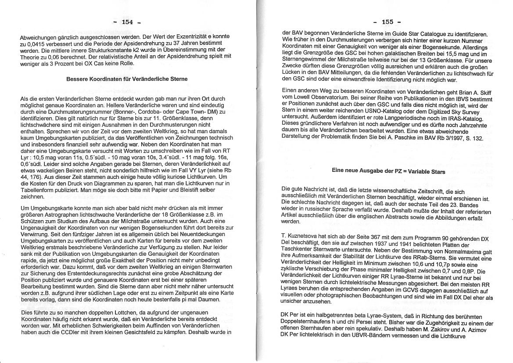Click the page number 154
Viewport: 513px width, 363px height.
[x=127, y=22]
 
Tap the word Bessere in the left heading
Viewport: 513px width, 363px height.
[x=77, y=79]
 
